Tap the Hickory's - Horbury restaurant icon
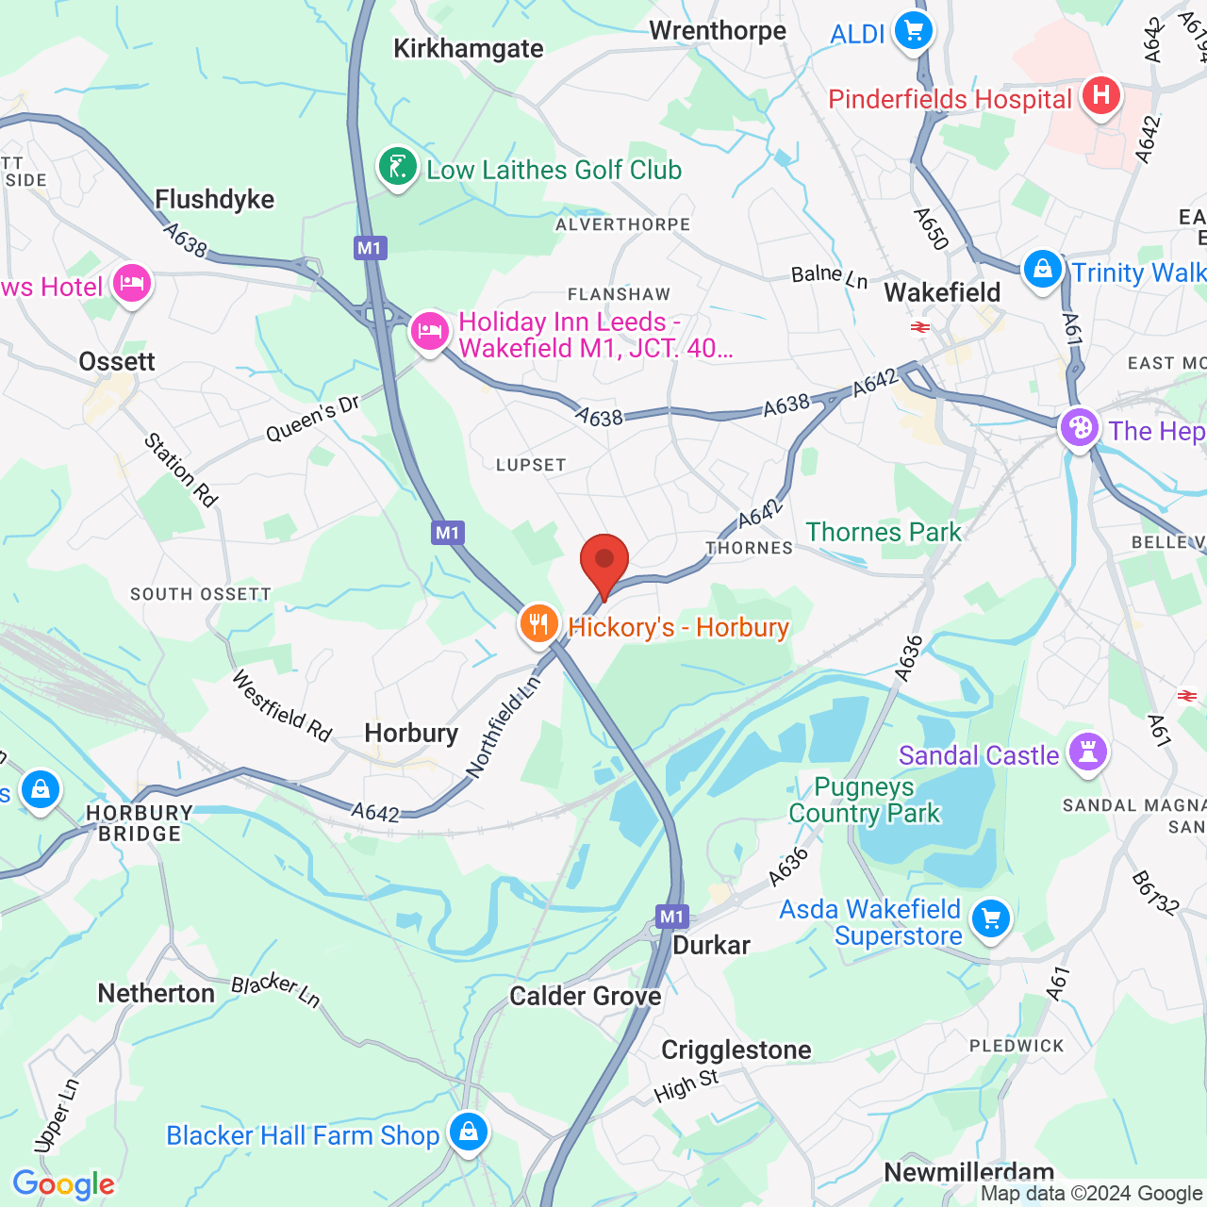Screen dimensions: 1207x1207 (538, 624)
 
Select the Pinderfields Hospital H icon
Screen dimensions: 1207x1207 (1100, 95)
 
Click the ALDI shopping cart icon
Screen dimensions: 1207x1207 (913, 32)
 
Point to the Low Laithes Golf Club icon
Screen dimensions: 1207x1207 (397, 168)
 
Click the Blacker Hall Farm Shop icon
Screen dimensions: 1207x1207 (468, 1131)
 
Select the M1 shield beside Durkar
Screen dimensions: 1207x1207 (671, 917)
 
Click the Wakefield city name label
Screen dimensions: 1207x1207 (942, 293)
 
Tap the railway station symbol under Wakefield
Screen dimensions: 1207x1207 (919, 327)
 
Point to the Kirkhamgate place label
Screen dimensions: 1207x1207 (468, 49)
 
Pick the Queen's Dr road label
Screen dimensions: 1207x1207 (313, 419)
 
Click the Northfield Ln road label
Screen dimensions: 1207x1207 (504, 726)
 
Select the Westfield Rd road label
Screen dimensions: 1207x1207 (282, 706)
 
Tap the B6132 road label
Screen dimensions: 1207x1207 (1155, 893)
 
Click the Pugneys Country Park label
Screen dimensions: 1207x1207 (865, 800)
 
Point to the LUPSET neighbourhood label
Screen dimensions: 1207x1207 (531, 465)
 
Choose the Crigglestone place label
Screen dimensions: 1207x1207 (736, 1050)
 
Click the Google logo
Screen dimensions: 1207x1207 (63, 1184)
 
